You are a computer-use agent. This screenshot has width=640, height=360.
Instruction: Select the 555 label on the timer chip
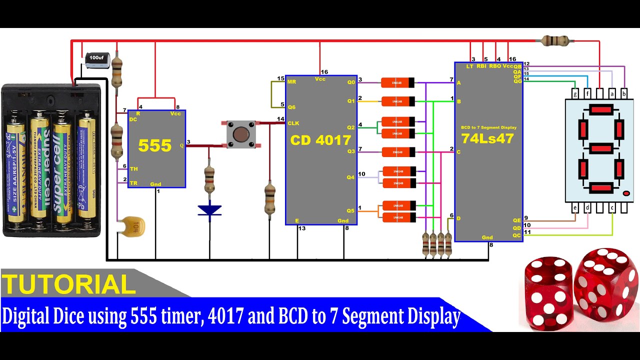click(x=155, y=145)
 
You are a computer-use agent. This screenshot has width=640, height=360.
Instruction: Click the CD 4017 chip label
click(x=320, y=140)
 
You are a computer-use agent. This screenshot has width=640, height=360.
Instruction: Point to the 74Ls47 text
click(x=487, y=138)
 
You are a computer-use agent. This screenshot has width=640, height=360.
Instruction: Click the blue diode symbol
click(x=209, y=210)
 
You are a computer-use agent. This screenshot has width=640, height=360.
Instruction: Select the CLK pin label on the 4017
click(x=293, y=123)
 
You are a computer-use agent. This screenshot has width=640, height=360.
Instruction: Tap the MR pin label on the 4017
click(x=292, y=81)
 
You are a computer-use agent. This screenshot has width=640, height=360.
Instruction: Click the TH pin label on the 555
click(x=133, y=169)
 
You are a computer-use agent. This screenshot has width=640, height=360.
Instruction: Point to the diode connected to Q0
click(x=397, y=82)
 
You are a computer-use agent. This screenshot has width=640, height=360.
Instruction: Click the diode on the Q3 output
click(x=397, y=152)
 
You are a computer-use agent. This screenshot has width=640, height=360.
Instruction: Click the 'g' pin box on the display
click(x=575, y=93)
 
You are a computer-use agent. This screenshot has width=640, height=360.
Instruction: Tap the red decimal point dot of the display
click(x=626, y=193)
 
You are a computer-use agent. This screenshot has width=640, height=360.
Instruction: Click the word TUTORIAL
click(x=69, y=284)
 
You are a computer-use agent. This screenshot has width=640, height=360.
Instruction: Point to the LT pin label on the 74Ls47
click(x=469, y=66)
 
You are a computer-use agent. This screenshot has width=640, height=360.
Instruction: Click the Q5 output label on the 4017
click(x=350, y=210)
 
